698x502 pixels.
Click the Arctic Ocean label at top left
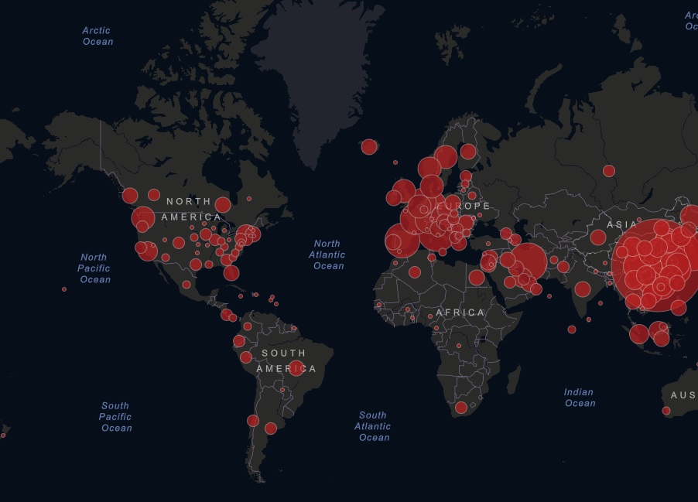[98, 36]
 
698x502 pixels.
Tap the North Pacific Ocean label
[94, 268]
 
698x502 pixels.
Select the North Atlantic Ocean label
[327, 255]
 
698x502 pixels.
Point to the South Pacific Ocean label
[115, 417]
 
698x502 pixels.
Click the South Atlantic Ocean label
[373, 426]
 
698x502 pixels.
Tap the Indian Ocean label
[579, 398]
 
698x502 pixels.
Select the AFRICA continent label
[460, 312]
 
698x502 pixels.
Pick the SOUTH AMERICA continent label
[285, 361]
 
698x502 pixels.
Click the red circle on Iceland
[369, 147]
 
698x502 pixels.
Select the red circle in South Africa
[461, 408]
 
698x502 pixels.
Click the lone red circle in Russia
[609, 171]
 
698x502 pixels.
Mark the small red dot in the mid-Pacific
[64, 289]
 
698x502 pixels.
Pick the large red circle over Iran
[529, 261]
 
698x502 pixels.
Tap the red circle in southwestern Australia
[666, 411]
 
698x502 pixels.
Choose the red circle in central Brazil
[296, 367]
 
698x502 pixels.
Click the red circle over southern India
[582, 289]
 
